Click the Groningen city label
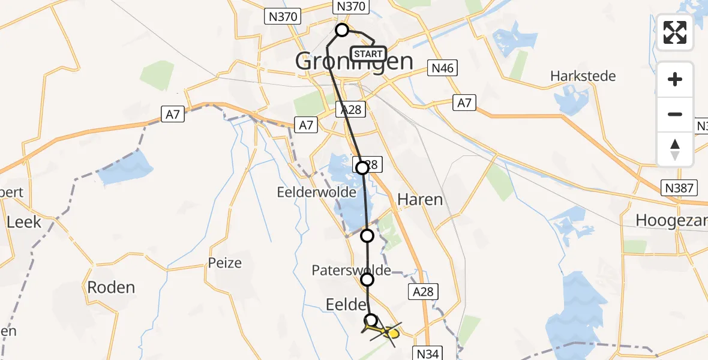pyautogui.click(x=354, y=62)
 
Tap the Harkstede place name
pyautogui.click(x=583, y=76)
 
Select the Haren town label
pyautogui.click(x=420, y=199)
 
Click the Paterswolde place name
pyautogui.click(x=351, y=271)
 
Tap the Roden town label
pyautogui.click(x=111, y=287)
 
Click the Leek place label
pyautogui.click(x=24, y=222)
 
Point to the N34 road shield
pyautogui.click(x=428, y=354)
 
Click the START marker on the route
pyautogui.click(x=368, y=54)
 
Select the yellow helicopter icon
pyautogui.click(x=382, y=331)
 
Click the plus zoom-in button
pyautogui.click(x=675, y=79)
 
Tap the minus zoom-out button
pyautogui.click(x=675, y=114)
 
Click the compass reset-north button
pyautogui.click(x=675, y=149)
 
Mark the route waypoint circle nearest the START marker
pyautogui.click(x=342, y=30)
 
